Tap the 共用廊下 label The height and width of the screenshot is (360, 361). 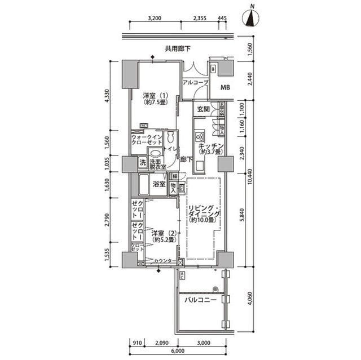(177, 49)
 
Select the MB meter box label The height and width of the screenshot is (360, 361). (225, 87)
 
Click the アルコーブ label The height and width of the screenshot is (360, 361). (195, 83)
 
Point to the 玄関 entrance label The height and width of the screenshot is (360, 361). (203, 109)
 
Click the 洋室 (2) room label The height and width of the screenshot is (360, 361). (164, 235)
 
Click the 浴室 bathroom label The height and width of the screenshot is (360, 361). (159, 184)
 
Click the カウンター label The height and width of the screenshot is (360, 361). (165, 261)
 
